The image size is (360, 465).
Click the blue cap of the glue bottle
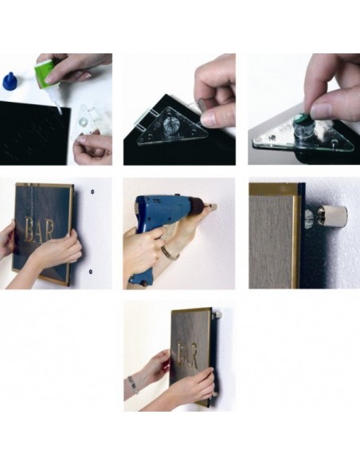(10, 81)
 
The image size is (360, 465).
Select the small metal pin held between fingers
(202, 104)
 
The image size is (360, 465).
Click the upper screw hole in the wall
(92, 192)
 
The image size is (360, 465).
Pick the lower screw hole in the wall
(91, 271)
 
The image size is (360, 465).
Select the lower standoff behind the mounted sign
(215, 394)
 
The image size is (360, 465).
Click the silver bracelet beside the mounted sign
(134, 385)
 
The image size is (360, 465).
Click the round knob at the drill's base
(146, 283)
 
